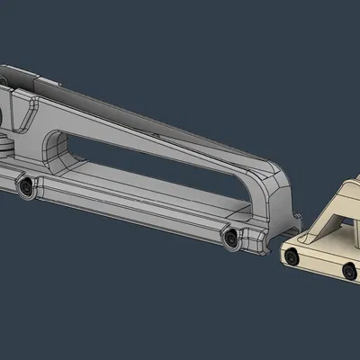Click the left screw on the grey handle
coord(27,186)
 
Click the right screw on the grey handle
coord(232,237)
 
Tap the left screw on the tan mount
coord(292,258)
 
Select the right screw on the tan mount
coord(346,268)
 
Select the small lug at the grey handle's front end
coord(294,216)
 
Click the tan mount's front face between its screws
coord(319,264)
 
